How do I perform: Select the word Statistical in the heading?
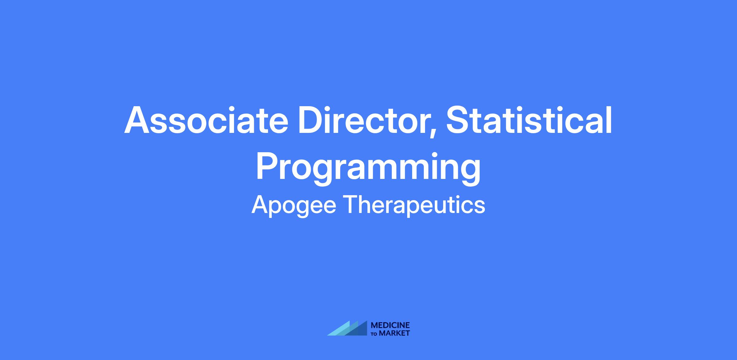(x=529, y=120)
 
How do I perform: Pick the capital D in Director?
(x=311, y=120)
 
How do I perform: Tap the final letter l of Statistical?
(x=609, y=120)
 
